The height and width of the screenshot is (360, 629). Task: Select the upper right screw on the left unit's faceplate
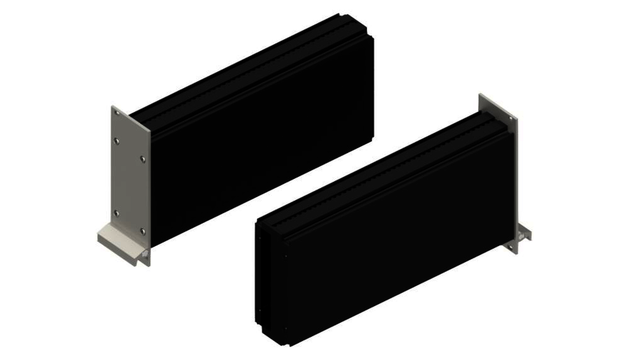pos(143,159)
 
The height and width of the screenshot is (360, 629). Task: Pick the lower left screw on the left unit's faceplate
pos(116,213)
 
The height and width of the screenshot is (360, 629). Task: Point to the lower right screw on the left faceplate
pos(143,231)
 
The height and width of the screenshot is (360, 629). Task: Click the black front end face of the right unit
pos(273,280)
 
